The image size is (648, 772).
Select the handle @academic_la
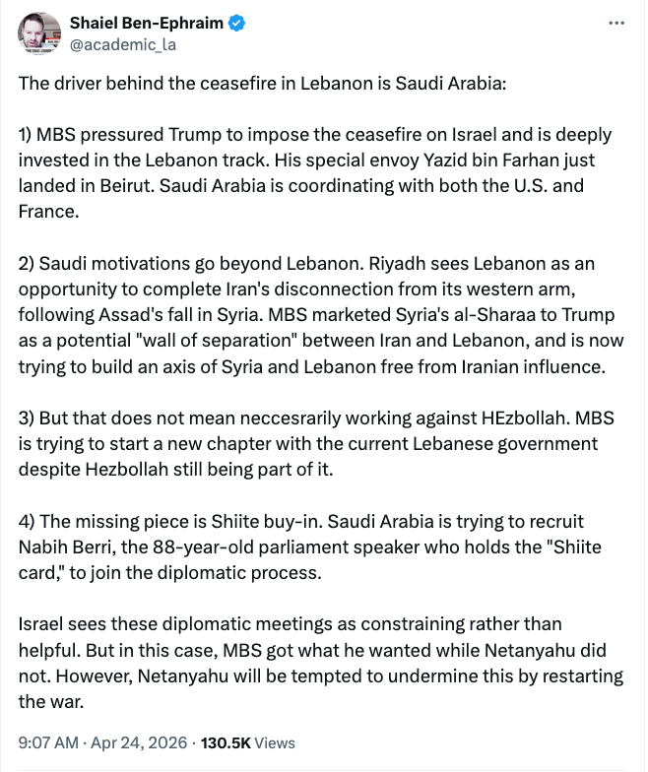click(x=122, y=43)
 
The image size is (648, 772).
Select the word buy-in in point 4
click(x=268, y=522)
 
